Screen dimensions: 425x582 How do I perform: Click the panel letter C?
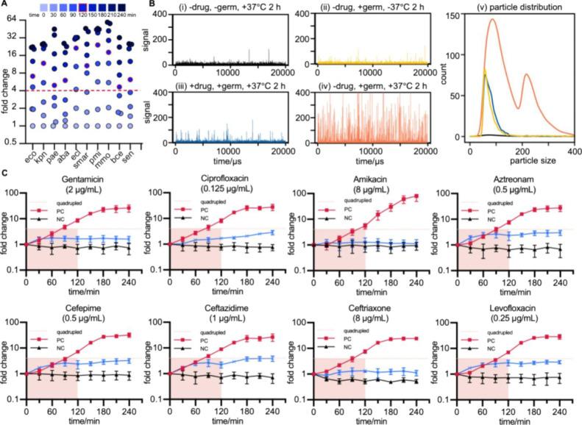click(x=4, y=174)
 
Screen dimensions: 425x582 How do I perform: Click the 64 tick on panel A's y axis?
click(x=13, y=17)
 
